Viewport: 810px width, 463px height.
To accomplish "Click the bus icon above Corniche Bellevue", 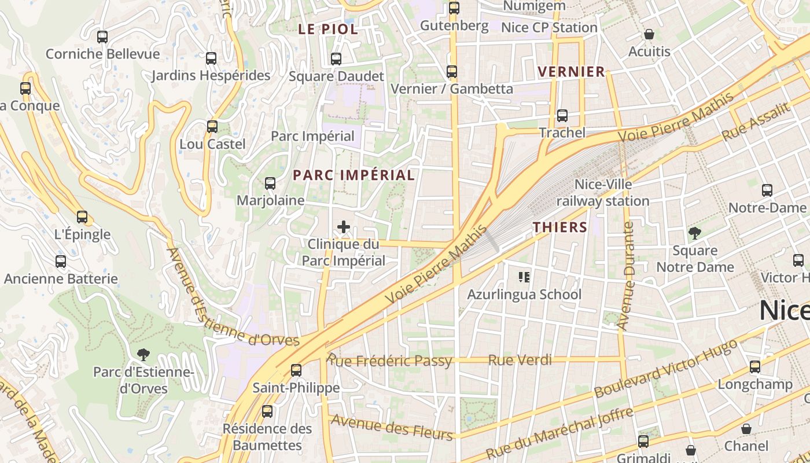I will tap(102, 37).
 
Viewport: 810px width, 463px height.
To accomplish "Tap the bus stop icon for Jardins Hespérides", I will tap(211, 58).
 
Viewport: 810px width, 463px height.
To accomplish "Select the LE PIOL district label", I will tap(328, 30).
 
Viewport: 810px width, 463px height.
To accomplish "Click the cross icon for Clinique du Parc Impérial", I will tap(344, 227).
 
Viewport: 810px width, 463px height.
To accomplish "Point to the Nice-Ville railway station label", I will tap(603, 193).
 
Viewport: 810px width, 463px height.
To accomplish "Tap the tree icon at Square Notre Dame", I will tap(694, 233).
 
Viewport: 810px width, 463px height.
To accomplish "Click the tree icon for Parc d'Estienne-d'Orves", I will tap(143, 354).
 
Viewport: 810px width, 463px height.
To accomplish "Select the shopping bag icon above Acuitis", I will tap(649, 34).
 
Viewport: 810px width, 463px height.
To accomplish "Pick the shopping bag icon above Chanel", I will tap(746, 429).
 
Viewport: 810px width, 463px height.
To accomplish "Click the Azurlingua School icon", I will tap(524, 277).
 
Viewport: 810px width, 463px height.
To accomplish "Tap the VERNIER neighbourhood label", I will tap(571, 72).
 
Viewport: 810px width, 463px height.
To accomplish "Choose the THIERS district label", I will tap(560, 227).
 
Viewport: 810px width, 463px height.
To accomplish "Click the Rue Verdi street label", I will tap(520, 360).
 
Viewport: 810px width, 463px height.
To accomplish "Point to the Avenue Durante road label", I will tap(626, 276).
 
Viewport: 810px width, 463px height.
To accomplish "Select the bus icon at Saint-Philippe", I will tap(296, 370).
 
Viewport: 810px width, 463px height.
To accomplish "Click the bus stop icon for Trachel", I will tap(562, 116).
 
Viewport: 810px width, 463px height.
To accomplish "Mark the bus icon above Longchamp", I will tap(755, 367).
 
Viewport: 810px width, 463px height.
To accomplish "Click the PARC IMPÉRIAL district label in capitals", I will tap(354, 175).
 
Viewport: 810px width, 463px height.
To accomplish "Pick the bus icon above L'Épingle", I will tap(82, 217).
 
